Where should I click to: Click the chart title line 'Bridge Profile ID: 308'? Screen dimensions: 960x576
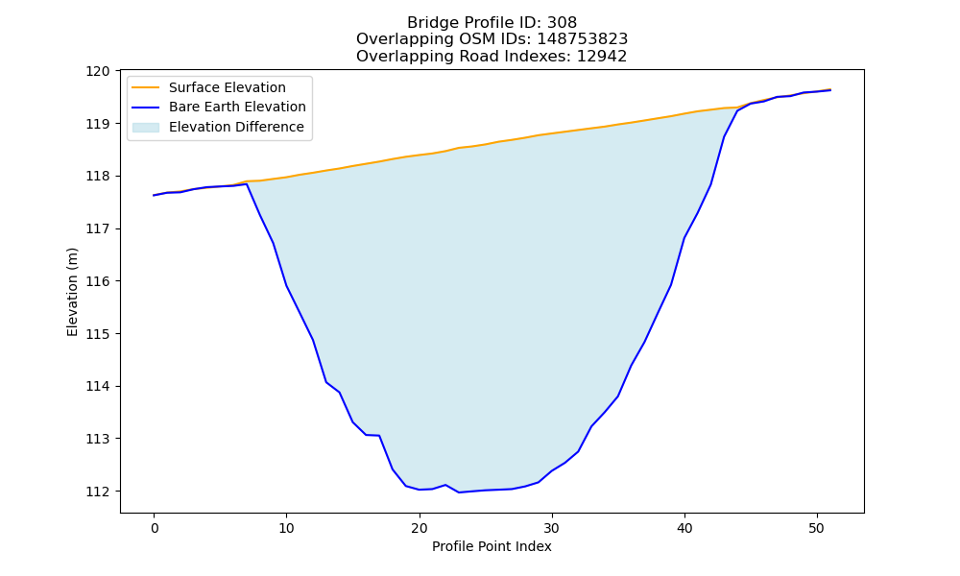click(x=492, y=23)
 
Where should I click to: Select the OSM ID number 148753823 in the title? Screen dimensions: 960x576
click(x=583, y=39)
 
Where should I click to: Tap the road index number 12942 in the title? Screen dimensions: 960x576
click(x=602, y=57)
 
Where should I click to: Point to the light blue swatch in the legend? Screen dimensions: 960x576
click(x=146, y=128)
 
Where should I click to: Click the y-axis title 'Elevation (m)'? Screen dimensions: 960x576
click(x=73, y=292)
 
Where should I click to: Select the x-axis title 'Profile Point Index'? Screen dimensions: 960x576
click(x=492, y=546)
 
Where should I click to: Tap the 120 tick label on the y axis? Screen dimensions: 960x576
click(x=98, y=71)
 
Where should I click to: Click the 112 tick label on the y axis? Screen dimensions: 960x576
click(x=98, y=492)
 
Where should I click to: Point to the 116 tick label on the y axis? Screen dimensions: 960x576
click(x=98, y=281)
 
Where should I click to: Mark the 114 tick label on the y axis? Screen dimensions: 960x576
click(x=98, y=386)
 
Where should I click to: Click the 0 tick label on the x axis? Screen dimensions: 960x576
click(x=154, y=528)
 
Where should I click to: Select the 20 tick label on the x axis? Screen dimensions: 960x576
click(x=419, y=528)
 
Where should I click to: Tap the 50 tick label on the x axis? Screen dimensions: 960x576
click(x=817, y=528)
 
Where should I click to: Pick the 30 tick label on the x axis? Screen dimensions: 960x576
click(x=552, y=528)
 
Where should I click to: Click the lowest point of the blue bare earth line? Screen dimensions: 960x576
click(x=459, y=492)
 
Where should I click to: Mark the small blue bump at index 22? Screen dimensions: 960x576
click(x=445, y=485)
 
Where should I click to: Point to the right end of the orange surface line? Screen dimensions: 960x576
click(x=830, y=89)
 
